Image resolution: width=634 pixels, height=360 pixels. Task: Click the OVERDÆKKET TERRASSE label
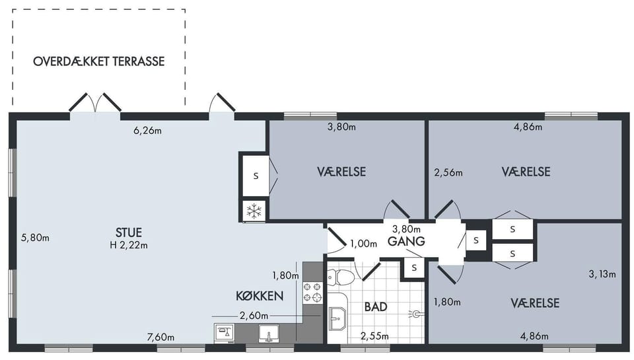tap(99, 61)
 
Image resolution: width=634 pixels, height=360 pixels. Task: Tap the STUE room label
tap(129, 233)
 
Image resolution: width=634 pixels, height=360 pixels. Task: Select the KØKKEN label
tap(260, 296)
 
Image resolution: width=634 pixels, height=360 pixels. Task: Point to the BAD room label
tap(376, 306)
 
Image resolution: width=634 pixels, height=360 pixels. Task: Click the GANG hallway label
tap(406, 242)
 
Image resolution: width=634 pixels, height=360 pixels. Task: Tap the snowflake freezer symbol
tap(254, 211)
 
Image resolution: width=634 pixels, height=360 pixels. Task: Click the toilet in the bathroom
tap(340, 276)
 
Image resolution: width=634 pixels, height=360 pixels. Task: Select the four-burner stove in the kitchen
tap(313, 293)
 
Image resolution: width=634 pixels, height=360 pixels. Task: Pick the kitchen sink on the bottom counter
tap(269, 334)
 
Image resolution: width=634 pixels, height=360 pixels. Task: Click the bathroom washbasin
tap(337, 318)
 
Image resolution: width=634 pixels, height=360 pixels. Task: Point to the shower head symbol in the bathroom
tap(415, 314)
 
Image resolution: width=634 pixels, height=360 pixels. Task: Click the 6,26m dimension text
tap(147, 131)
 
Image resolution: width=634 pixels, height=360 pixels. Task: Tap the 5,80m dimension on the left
tap(35, 237)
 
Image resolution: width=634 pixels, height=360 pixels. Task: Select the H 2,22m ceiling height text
tap(129, 245)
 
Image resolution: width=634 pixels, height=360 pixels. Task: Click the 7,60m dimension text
tap(161, 337)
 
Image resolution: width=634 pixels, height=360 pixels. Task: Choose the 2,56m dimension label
tap(448, 172)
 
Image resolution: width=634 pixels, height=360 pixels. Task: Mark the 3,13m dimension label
tap(602, 274)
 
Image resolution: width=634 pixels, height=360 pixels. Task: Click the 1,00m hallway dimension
tap(363, 244)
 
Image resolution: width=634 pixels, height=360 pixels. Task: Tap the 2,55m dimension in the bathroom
tap(375, 336)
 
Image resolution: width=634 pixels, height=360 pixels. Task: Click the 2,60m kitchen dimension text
tap(254, 316)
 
